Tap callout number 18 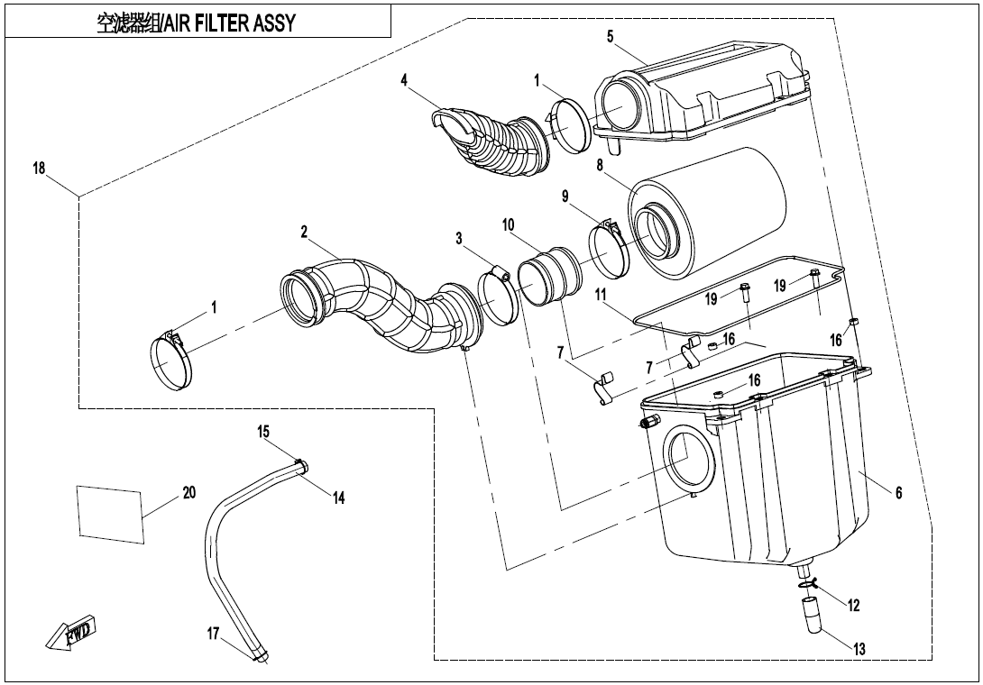(40, 169)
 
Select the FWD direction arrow (74, 633)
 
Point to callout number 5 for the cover (611, 36)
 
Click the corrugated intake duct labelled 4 (491, 144)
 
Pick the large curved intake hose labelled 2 (379, 302)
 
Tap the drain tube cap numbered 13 (813, 621)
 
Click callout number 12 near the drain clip (854, 607)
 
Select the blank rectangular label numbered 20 (111, 514)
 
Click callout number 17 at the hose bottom (214, 634)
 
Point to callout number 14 (339, 498)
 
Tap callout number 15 (263, 433)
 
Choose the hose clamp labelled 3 (495, 290)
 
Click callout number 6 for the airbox (898, 493)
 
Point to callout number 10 (509, 224)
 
